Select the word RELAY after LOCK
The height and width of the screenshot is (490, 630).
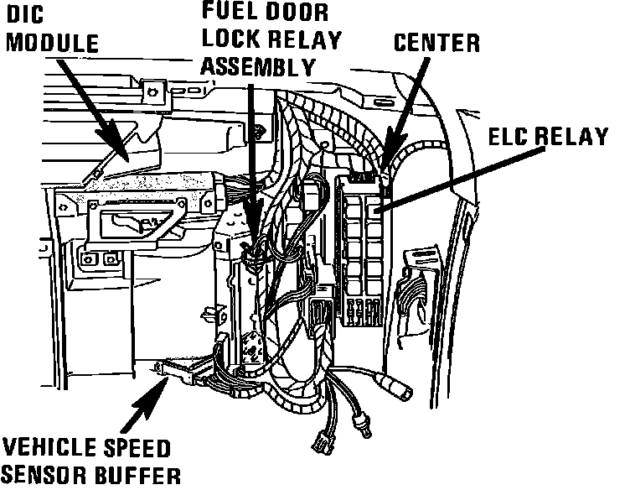307,39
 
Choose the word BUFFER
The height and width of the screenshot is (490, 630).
135,476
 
